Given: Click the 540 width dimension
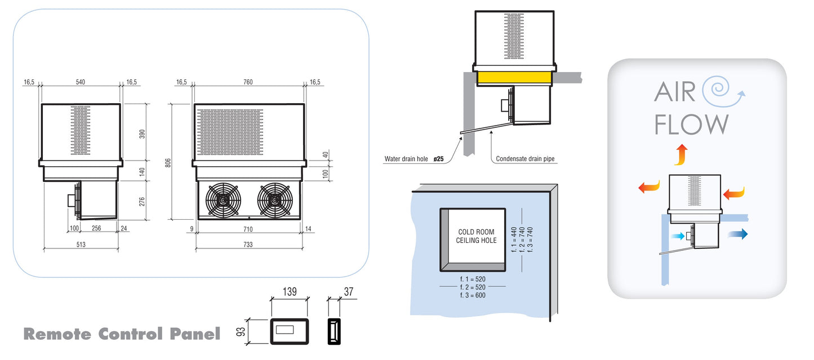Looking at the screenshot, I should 80,82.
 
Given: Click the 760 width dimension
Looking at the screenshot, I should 248,82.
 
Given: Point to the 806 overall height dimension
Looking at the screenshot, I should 167,162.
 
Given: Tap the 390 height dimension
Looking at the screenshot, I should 142,134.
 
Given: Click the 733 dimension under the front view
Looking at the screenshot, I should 248,245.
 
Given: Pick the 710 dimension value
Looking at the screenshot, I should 248,229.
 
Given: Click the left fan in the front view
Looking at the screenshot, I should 223,200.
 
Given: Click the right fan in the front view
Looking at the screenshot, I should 274,200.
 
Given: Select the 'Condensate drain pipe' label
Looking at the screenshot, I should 525,159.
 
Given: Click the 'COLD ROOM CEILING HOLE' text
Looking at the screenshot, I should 476,236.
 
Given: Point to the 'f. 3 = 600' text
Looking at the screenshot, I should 472,295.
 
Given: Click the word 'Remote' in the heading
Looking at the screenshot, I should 57,334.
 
